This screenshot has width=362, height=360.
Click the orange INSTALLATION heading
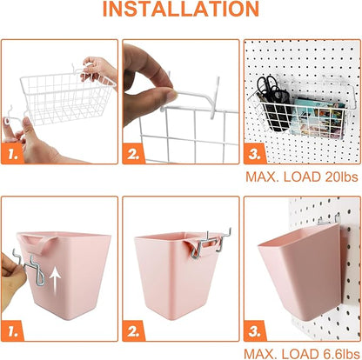tap(180, 10)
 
